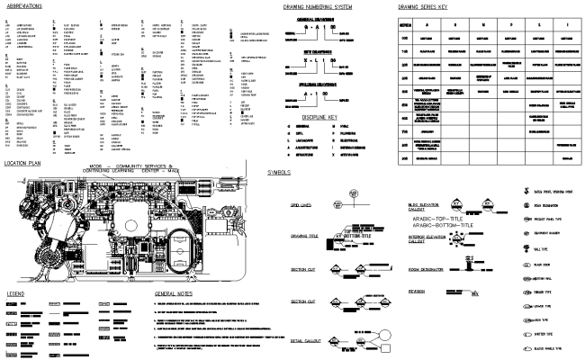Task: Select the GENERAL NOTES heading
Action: (x=173, y=294)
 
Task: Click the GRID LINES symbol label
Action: (x=301, y=206)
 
